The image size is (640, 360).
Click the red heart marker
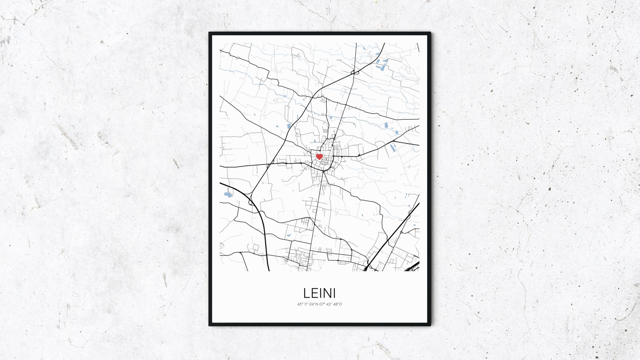[319, 156]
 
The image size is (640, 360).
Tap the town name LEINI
[319, 293]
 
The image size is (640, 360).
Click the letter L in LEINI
[306, 293]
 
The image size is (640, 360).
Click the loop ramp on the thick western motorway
[251, 201]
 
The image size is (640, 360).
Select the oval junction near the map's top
[356, 72]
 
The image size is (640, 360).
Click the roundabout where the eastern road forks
[394, 141]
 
